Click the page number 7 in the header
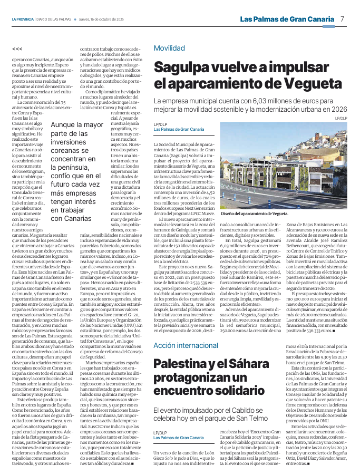(x=342, y=19)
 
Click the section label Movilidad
(x=169, y=48)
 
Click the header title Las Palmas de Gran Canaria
(x=287, y=19)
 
